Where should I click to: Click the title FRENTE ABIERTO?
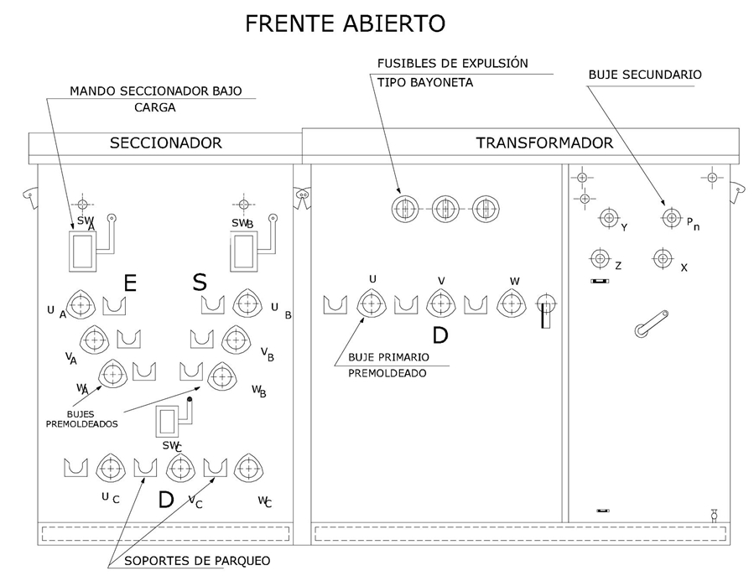(x=345, y=23)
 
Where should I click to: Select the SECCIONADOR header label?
(x=165, y=143)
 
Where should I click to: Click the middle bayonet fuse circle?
(x=445, y=208)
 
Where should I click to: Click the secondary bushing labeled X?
(x=663, y=258)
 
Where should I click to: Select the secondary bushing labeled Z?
(x=600, y=258)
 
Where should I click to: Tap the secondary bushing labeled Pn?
(x=670, y=218)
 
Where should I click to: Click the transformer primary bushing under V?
(x=440, y=303)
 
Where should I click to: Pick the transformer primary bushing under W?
(x=511, y=303)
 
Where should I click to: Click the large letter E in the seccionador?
(x=129, y=283)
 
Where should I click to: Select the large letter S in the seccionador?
(x=200, y=282)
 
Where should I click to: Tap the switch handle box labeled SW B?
(x=244, y=251)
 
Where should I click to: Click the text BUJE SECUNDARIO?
(x=644, y=75)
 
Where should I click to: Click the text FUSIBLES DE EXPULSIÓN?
(x=452, y=64)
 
